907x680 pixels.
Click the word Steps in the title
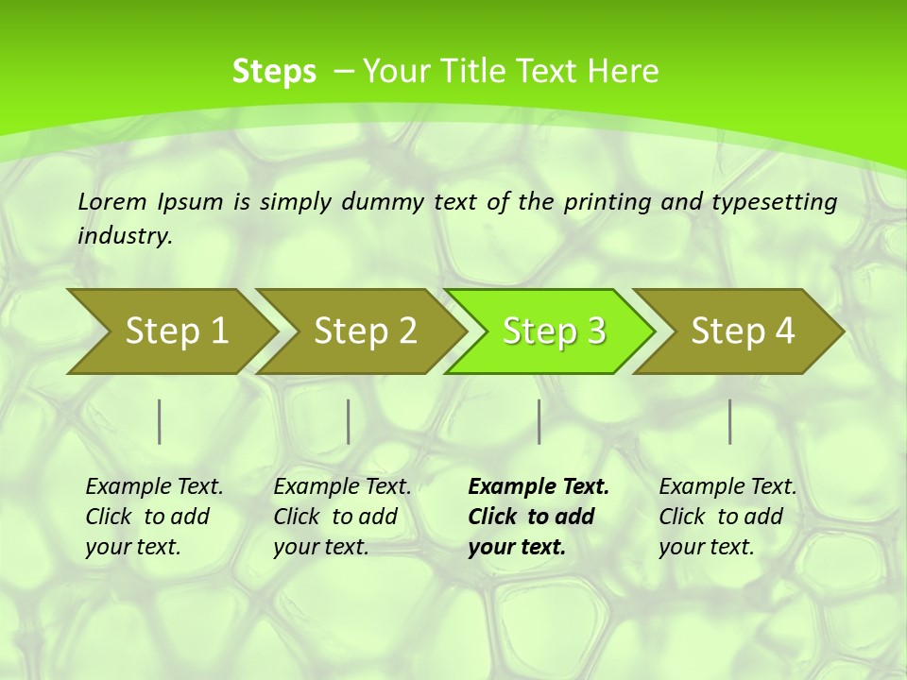click(x=274, y=72)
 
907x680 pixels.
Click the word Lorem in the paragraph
click(x=111, y=201)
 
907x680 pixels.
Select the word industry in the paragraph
click(x=124, y=236)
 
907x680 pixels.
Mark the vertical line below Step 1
click(x=160, y=421)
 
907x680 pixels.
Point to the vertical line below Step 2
click(x=349, y=421)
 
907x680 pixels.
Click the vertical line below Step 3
click(x=539, y=421)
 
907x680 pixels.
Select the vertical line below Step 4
click(x=730, y=421)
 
